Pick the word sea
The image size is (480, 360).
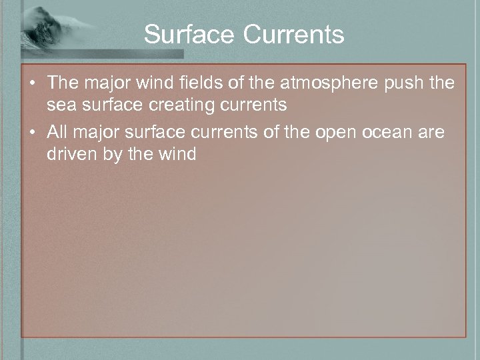59,105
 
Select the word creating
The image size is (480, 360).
183,105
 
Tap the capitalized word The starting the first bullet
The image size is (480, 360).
63,84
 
